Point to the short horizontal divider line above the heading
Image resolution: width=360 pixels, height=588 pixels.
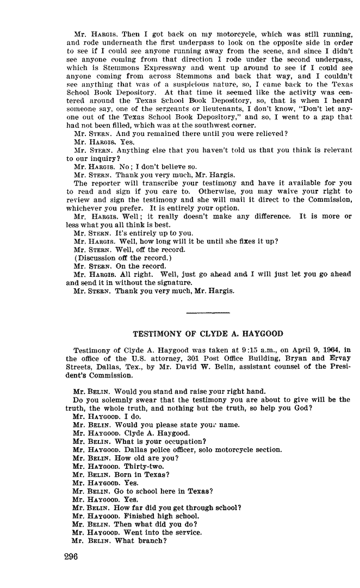(208, 312)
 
